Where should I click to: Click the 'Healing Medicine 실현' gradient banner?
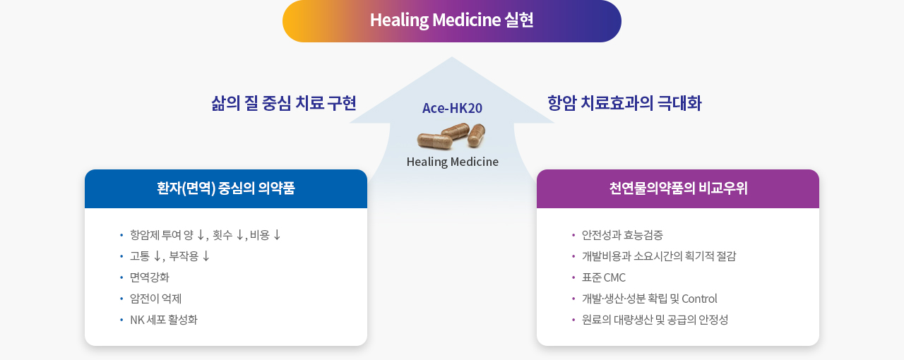point(451,21)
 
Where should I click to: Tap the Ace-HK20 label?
point(452,108)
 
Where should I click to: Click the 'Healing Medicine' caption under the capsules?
point(453,162)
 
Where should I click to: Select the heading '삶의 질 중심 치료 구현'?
point(284,103)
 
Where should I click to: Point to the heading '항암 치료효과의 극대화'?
point(624,103)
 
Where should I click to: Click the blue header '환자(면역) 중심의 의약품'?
point(226,188)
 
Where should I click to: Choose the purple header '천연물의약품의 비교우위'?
point(678,188)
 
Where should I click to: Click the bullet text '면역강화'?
point(149,277)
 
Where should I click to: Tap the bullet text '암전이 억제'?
point(155,299)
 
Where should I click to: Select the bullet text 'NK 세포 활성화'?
point(163,320)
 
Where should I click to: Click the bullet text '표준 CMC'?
point(603,277)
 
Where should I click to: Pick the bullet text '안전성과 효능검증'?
point(622,235)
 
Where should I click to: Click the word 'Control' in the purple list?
point(699,299)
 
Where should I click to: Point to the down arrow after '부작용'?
point(206,256)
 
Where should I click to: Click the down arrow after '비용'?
point(277,235)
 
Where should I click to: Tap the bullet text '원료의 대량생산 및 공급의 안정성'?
point(655,320)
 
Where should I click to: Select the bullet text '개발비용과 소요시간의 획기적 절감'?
point(659,256)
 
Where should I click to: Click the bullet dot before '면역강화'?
point(121,277)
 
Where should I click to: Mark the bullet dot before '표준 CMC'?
point(573,277)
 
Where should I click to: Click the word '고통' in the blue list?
point(140,256)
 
